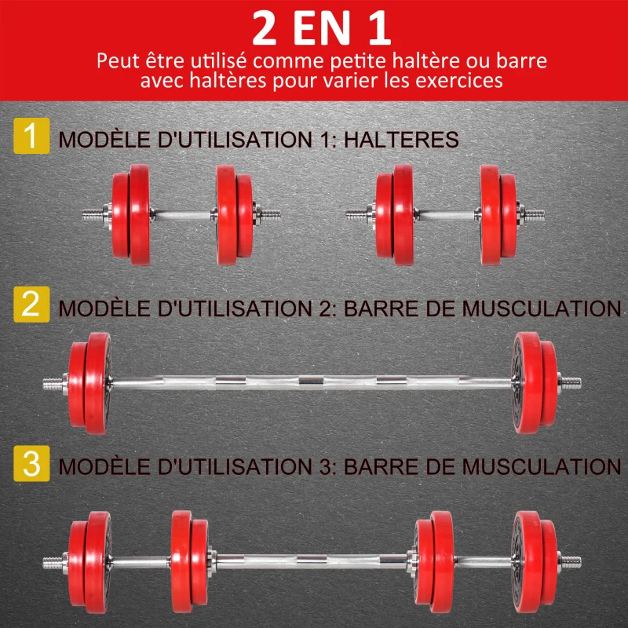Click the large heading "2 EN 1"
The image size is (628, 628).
pos(314,28)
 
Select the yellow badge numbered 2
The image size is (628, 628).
pos(31,304)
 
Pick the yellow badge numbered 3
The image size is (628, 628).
pos(31,463)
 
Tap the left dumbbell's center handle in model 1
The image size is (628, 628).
pos(181,213)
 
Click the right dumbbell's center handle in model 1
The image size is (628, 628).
pos(446,213)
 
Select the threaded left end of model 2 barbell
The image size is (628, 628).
pos(55,384)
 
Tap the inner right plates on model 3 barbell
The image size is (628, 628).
pos(435,556)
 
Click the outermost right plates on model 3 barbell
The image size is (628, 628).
pos(535,556)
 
